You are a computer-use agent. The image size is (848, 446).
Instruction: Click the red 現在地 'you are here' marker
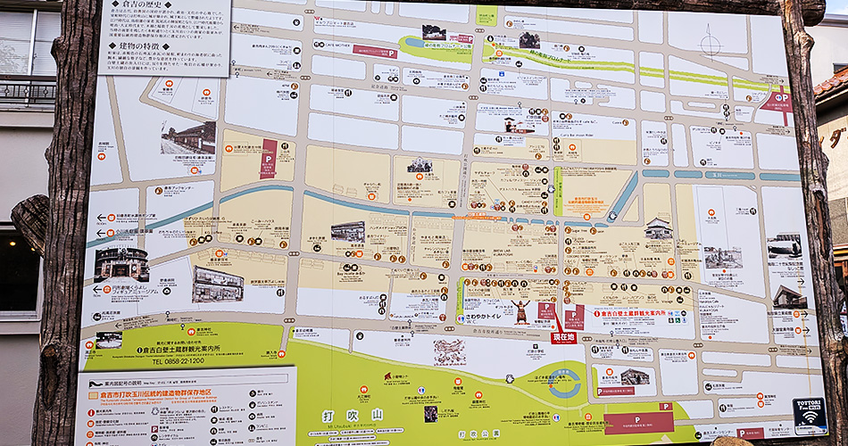tap(562, 337)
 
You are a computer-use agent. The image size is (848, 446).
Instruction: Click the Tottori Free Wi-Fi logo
tap(810, 416)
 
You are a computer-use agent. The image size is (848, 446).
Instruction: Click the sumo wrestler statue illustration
tap(520, 312)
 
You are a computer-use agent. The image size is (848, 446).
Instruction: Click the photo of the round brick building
tap(121, 264)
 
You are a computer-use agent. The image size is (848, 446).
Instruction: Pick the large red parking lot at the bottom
tap(639, 418)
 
